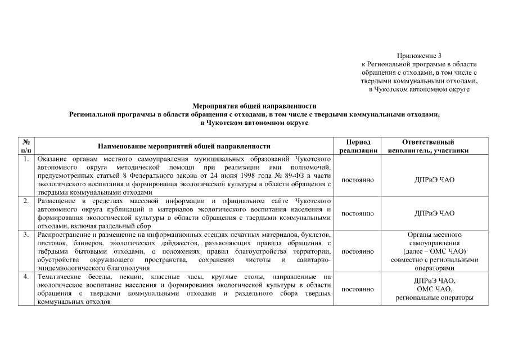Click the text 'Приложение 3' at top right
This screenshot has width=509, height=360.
click(418, 56)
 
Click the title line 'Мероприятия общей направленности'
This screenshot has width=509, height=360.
click(254, 105)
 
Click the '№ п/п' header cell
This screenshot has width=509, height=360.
click(26, 146)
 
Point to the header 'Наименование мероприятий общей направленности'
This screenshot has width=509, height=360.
click(184, 146)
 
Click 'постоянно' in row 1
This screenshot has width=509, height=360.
click(358, 180)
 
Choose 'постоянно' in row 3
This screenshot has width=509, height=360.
click(358, 251)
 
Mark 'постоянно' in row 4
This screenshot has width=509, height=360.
click(358, 289)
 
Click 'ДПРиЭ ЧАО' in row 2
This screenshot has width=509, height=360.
click(434, 214)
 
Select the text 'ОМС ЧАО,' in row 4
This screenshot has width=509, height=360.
click(434, 289)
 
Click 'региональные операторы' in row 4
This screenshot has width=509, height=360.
click(434, 298)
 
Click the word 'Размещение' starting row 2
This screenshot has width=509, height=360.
click(56, 201)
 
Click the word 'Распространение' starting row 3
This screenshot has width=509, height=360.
click(64, 234)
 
